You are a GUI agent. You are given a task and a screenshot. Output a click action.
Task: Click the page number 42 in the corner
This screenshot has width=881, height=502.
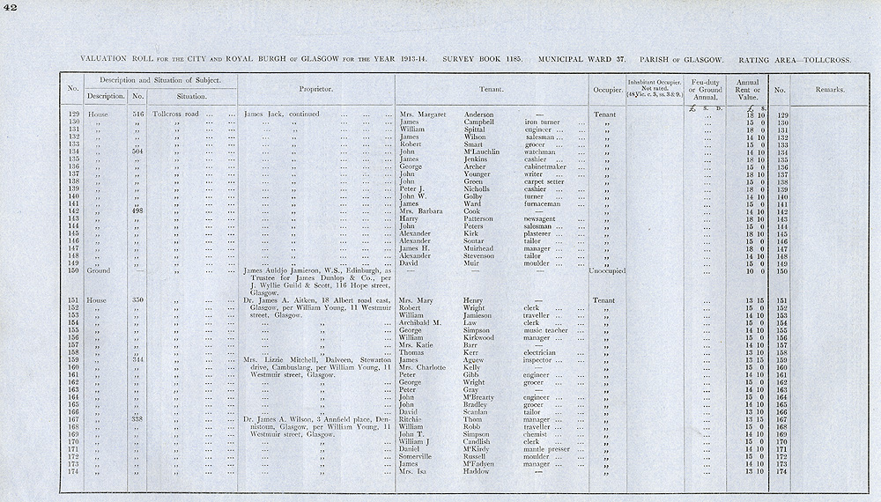(10, 8)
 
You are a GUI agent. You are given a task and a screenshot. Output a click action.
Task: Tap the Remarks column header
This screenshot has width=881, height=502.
(828, 89)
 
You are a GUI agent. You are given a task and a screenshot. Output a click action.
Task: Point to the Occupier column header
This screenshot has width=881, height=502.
(606, 89)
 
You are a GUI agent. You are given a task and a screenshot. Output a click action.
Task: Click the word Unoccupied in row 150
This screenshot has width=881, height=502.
(606, 270)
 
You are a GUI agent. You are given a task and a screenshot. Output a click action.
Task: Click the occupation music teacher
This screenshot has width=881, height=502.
(544, 329)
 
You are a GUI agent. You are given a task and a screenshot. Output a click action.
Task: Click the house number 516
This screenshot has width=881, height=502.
(137, 114)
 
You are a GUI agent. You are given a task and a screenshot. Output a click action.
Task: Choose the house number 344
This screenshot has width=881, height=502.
(137, 359)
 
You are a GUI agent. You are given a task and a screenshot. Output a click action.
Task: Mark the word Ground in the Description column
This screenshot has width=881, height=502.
(98, 270)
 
